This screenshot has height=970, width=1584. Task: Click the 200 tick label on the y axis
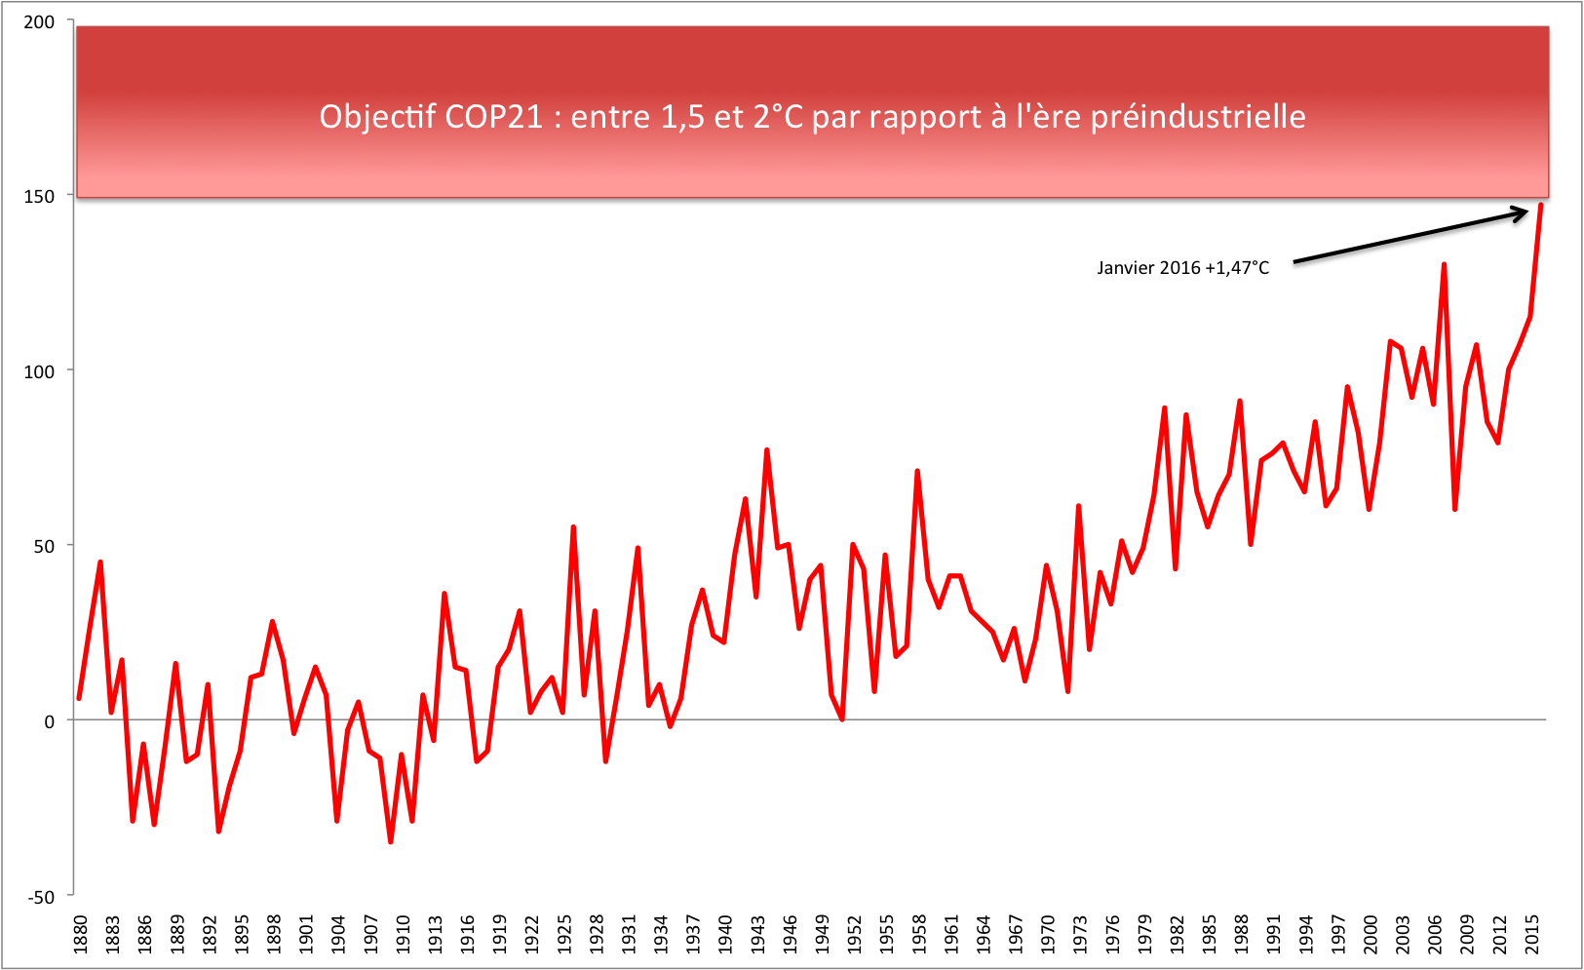point(39,21)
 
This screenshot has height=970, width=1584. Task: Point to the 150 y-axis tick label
point(39,196)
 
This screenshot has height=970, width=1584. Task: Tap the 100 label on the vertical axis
point(39,371)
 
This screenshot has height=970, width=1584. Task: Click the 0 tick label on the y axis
point(50,721)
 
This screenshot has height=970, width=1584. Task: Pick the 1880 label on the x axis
point(80,934)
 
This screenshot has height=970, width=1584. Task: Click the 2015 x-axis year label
point(1532,934)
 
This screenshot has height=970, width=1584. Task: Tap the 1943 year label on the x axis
point(757,934)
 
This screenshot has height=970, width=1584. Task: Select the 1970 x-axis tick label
point(1048,934)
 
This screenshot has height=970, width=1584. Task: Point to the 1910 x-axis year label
point(403,934)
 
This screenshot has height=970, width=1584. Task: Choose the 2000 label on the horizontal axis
point(1371,934)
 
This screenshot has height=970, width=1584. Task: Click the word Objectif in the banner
point(377,117)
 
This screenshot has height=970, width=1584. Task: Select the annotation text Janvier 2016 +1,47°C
point(1182,268)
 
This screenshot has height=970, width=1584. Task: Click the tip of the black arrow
point(1527,211)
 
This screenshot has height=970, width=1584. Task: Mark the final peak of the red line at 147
point(1540,206)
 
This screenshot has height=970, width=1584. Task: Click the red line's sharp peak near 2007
point(1444,264)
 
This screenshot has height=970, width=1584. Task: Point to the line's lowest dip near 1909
point(391,841)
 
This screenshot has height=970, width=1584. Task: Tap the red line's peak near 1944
point(767,450)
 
